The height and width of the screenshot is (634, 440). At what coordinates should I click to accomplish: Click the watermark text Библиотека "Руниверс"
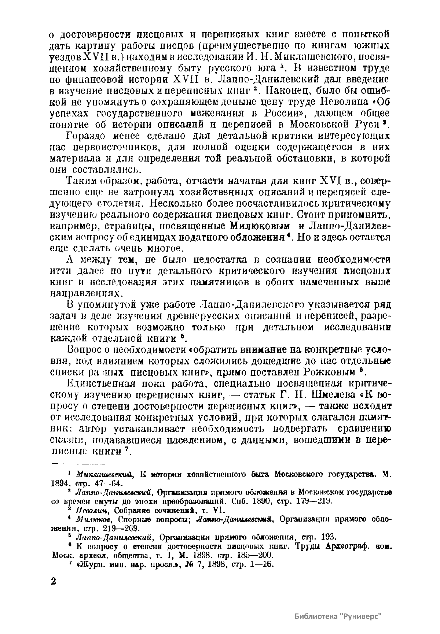coord(338,616)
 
